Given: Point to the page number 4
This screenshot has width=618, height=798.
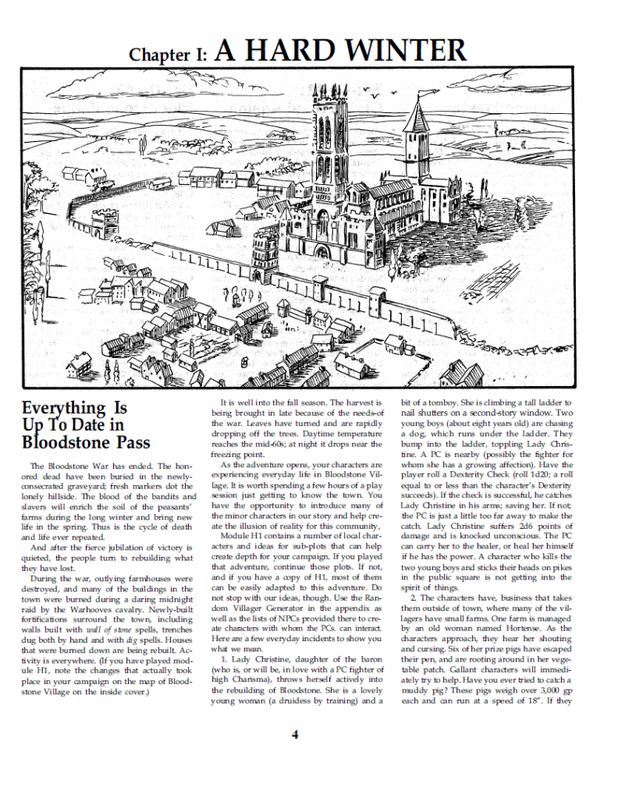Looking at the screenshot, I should click(296, 733).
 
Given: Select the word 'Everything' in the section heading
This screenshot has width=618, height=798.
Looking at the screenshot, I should click(63, 408).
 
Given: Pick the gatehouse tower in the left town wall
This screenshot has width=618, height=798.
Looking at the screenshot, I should click(103, 222).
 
